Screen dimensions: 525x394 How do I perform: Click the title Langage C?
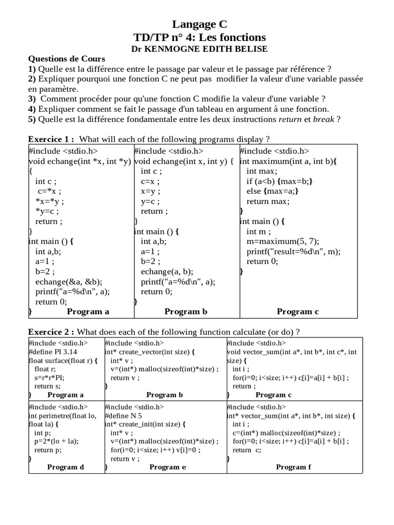199,24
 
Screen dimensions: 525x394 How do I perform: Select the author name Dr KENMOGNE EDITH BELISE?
199,49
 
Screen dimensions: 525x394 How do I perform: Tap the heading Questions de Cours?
66,58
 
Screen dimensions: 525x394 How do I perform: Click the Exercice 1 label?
51,139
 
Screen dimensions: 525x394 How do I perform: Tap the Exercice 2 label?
51,332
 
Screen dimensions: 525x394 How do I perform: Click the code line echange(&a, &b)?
69,281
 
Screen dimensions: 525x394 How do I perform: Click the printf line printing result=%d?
293,251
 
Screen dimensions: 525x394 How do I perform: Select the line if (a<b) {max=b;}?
280,181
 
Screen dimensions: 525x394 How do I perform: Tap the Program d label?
65,467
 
